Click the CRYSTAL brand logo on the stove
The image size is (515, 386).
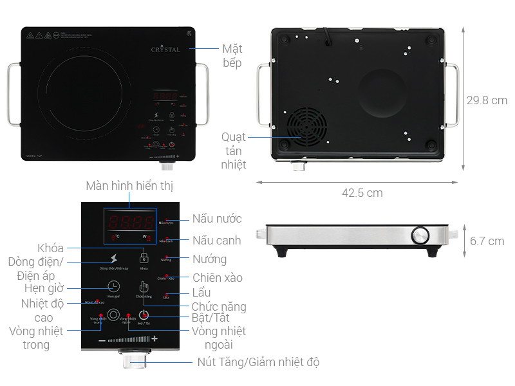click(x=165, y=49)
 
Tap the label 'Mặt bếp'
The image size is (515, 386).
click(x=232, y=56)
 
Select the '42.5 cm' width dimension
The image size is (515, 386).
click(x=362, y=193)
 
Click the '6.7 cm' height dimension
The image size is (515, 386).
click(x=487, y=241)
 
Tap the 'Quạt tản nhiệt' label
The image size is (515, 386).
click(x=234, y=151)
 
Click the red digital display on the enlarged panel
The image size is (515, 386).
click(x=129, y=223)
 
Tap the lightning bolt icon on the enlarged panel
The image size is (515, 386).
click(x=113, y=259)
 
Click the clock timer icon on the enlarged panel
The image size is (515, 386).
click(x=113, y=286)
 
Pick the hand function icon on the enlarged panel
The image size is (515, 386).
click(x=144, y=287)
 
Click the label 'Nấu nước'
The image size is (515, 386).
click(x=216, y=219)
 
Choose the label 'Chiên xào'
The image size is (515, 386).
click(x=217, y=278)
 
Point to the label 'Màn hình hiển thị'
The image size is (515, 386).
click(x=129, y=186)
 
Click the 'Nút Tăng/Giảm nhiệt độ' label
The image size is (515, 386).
click(x=258, y=362)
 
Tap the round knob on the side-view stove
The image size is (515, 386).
click(x=421, y=235)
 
